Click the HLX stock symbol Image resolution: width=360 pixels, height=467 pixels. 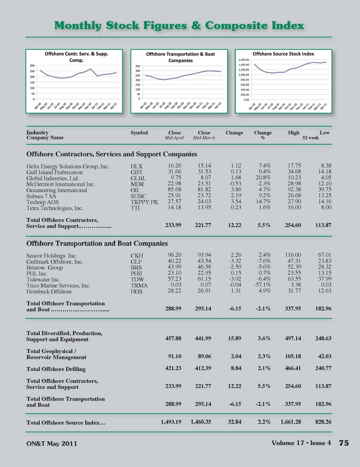tap(136, 166)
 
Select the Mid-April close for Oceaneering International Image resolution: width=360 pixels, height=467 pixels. tap(174, 190)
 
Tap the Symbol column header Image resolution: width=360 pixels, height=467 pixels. tap(139, 133)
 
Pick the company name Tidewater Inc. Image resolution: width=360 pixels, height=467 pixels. tap(43, 280)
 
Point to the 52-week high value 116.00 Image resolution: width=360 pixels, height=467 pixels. tap(293, 255)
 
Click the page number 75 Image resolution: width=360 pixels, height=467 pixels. tap(344, 443)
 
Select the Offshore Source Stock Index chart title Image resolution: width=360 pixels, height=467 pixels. tap(283, 54)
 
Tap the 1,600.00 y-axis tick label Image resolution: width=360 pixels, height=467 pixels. tap(244, 60)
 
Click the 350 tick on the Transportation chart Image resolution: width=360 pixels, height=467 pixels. tap(138, 66)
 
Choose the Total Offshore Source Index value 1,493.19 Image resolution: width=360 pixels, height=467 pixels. tap(171, 422)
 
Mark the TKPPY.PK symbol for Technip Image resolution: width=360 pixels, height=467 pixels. tap(144, 202)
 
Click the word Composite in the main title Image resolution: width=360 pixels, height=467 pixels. tap(236, 25)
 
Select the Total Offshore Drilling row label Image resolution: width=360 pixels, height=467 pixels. tap(56, 369)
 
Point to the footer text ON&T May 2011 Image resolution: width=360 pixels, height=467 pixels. tap(52, 444)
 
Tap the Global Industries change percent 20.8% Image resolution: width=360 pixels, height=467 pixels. tap(263, 178)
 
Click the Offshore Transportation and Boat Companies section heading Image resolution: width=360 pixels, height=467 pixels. tap(97, 244)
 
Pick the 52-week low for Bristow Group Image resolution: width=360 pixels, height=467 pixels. tap(324, 267)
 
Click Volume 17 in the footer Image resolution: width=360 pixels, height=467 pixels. tap(288, 443)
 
